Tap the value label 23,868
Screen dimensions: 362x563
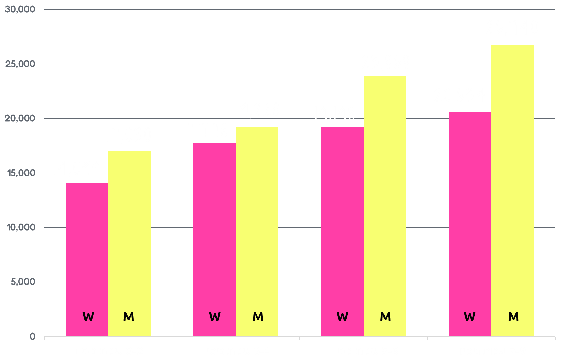386,62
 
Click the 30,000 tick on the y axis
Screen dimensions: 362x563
20,9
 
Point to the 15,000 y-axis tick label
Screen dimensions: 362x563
20,173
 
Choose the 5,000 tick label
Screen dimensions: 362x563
23,282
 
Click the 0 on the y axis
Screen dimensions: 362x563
32,337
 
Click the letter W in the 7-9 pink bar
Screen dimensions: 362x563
470,317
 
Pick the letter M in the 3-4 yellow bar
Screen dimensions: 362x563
258,317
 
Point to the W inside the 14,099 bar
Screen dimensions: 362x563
88,317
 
